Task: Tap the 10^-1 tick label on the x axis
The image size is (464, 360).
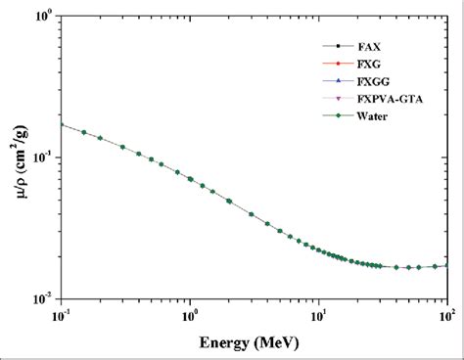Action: click(x=61, y=316)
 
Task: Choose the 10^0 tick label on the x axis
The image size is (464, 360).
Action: click(x=190, y=316)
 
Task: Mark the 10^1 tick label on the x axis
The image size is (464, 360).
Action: click(x=319, y=316)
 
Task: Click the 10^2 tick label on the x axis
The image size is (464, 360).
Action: click(x=447, y=316)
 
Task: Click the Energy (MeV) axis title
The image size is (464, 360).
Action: click(x=254, y=343)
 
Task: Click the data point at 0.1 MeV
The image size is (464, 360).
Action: click(x=62, y=124)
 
